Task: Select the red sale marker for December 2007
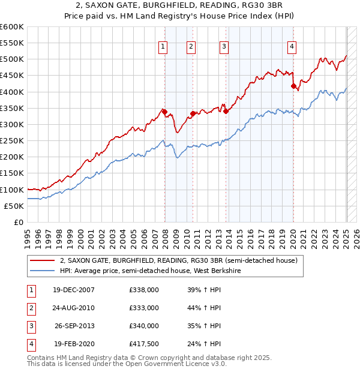tap(164, 112)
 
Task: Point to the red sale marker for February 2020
tap(293, 86)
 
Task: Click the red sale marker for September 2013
tap(226, 111)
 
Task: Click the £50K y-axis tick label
tap(14, 206)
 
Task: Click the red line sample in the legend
tap(43, 261)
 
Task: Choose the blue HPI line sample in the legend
tap(43, 271)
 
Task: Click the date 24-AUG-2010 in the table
tap(74, 308)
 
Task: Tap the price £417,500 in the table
tap(144, 344)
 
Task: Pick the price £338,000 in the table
tap(144, 290)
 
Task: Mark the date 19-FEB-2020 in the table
tap(74, 344)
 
